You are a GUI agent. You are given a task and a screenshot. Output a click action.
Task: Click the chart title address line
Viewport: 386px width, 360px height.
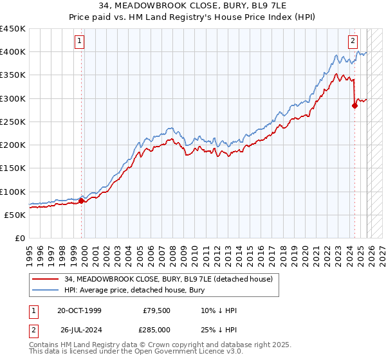pos(192,7)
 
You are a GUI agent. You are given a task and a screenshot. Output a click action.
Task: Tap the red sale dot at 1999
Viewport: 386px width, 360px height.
pos(82,201)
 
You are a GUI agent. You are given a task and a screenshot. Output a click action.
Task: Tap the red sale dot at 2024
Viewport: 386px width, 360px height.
pos(354,106)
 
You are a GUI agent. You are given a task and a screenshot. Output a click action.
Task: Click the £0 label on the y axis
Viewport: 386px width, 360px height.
pos(19,239)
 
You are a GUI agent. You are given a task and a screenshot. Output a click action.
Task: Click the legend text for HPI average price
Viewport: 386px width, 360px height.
pos(134,290)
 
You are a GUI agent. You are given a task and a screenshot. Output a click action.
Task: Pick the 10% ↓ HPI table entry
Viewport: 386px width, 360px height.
pos(219,311)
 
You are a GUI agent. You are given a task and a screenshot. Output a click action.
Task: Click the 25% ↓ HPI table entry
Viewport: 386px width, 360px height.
pos(219,330)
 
